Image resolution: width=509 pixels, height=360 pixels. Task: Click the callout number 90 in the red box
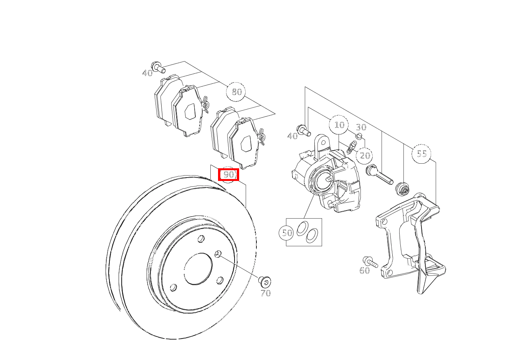pyautogui.click(x=229, y=175)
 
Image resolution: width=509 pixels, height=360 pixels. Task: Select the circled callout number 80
pyautogui.click(x=236, y=92)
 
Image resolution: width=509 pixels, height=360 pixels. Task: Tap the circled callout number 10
pyautogui.click(x=339, y=125)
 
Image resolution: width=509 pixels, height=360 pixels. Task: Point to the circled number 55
pyautogui.click(x=421, y=154)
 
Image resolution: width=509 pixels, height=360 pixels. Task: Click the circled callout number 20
pyautogui.click(x=365, y=156)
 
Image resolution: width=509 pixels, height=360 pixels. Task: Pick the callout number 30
pyautogui.click(x=361, y=127)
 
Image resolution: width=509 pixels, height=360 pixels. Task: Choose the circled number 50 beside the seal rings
pyautogui.click(x=286, y=233)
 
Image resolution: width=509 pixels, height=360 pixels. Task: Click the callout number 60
pyautogui.click(x=365, y=270)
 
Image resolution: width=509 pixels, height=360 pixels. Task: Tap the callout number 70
pyautogui.click(x=266, y=293)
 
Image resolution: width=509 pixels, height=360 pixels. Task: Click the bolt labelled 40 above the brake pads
pyautogui.click(x=159, y=67)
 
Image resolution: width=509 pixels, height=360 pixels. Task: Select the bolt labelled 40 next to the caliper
pyautogui.click(x=303, y=131)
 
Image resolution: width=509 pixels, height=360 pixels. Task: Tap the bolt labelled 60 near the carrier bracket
pyautogui.click(x=370, y=262)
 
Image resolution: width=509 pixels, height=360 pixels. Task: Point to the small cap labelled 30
pyautogui.click(x=359, y=136)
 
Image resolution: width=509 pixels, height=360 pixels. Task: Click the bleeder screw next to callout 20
pyautogui.click(x=352, y=148)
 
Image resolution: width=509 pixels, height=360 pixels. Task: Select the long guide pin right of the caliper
pyautogui.click(x=379, y=175)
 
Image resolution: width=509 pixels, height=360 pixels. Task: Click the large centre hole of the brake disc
pyautogui.click(x=198, y=269)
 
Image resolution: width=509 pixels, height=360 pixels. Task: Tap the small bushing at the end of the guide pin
pyautogui.click(x=402, y=189)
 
